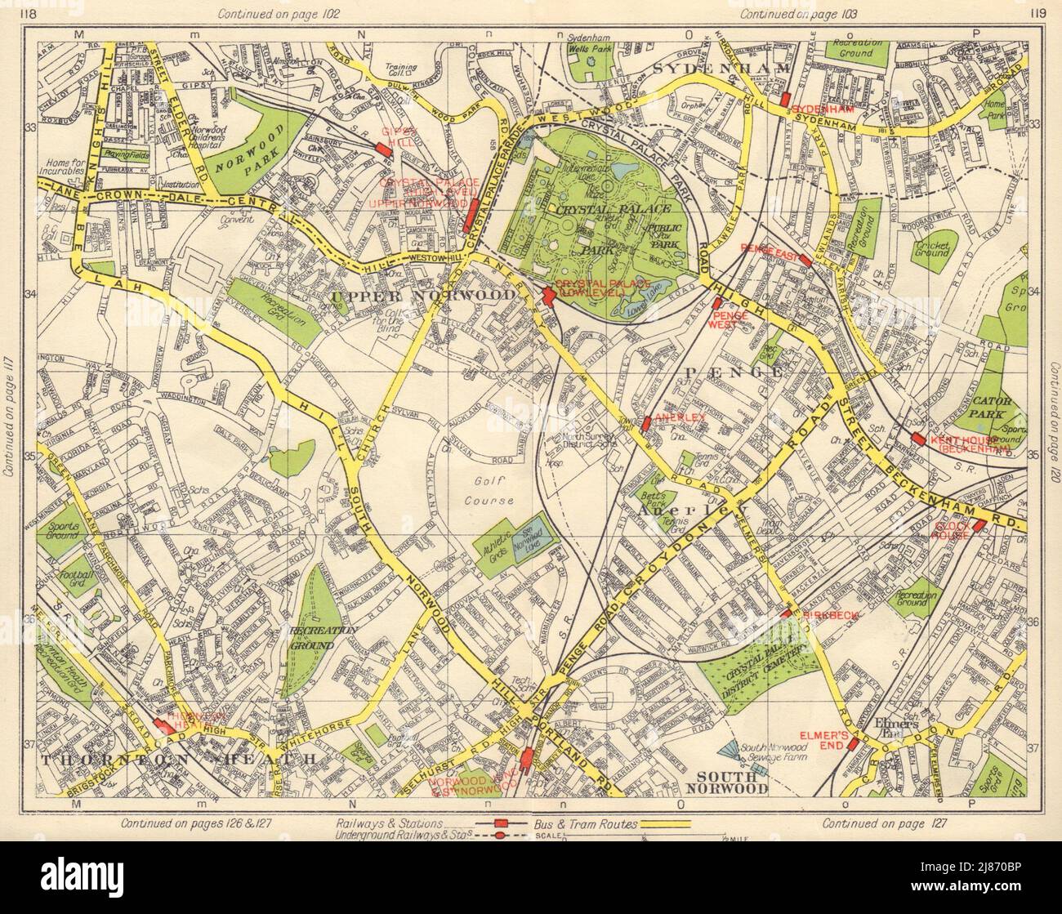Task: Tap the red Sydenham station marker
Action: (785, 100)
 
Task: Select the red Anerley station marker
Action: (645, 423)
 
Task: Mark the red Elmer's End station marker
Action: (851, 744)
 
